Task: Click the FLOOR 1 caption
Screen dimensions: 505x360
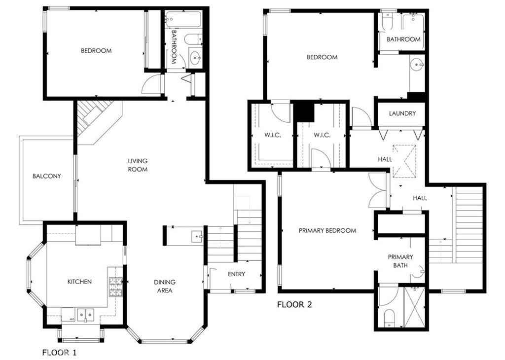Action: (x=59, y=352)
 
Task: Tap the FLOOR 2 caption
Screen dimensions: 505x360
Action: (x=294, y=304)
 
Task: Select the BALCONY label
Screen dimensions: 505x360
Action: (x=47, y=176)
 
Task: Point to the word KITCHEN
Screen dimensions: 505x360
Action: (x=79, y=282)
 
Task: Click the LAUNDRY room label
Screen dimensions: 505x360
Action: (x=402, y=113)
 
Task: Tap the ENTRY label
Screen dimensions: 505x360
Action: (x=236, y=274)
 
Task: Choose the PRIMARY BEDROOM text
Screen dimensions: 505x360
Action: (x=327, y=231)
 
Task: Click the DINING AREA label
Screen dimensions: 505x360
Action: (x=165, y=286)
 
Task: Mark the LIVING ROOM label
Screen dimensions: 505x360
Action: (x=138, y=165)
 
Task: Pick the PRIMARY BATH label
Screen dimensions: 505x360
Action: (x=400, y=261)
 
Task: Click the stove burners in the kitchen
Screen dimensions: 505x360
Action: (x=116, y=287)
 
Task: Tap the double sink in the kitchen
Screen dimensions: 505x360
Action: (x=85, y=314)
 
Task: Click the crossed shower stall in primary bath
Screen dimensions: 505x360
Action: (x=414, y=306)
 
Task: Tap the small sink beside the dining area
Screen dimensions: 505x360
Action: (x=196, y=236)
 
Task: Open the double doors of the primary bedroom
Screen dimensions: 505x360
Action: (x=378, y=191)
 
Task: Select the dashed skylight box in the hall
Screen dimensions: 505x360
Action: (x=404, y=162)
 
